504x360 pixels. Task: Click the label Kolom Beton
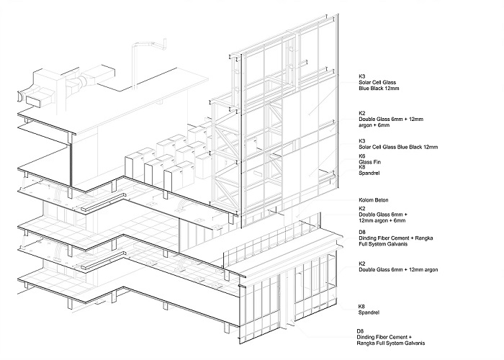coord(374,200)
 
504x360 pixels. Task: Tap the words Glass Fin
coord(369,162)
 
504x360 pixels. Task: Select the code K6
coord(362,156)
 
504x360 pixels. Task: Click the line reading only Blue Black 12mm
coord(379,88)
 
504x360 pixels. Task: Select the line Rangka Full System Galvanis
coord(390,343)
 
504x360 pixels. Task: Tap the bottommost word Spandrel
coord(369,312)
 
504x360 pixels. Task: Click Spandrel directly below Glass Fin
coord(369,173)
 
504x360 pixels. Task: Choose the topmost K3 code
coord(362,76)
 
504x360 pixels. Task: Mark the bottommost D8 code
coord(360,331)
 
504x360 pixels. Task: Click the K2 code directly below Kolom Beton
coord(362,209)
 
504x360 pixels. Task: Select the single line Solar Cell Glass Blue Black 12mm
coord(398,147)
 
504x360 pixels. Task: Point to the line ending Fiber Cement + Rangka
coord(396,238)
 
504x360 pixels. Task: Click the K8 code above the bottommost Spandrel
coord(362,307)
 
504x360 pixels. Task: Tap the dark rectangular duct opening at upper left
coord(33,102)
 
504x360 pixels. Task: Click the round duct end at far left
coord(19,96)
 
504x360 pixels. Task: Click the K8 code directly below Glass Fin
coord(362,167)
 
